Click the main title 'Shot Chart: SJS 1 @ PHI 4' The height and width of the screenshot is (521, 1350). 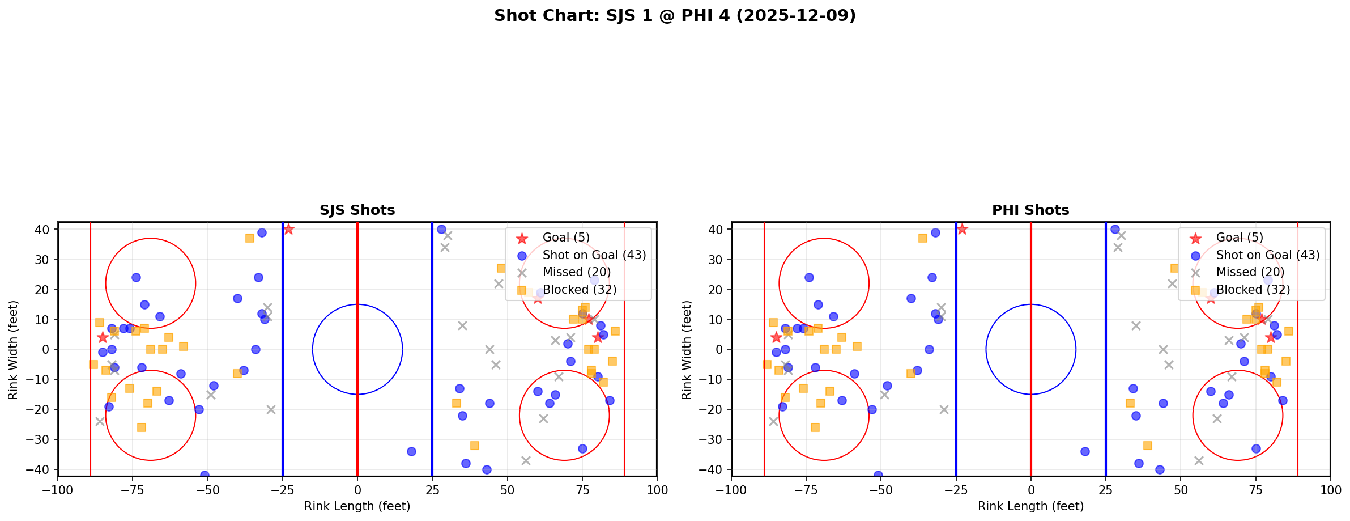674,16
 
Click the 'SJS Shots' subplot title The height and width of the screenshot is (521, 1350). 357,210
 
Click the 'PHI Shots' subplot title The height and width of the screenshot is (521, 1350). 1030,210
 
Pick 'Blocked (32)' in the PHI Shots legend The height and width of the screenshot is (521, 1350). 1253,290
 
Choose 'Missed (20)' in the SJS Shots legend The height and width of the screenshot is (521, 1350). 576,272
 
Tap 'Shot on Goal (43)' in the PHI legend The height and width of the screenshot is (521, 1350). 1267,255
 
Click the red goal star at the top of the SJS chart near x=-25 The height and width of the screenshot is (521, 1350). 288,229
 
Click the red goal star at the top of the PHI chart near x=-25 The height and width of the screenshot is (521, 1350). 962,229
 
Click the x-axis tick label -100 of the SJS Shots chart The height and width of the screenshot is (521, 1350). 58,490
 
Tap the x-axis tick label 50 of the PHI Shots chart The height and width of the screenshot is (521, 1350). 1180,490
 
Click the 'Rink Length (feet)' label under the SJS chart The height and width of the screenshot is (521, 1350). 357,506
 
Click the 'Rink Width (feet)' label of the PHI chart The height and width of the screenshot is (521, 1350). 687,350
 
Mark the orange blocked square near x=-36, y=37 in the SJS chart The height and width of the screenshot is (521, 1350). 250,238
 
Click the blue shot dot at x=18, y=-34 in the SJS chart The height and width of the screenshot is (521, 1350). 411,451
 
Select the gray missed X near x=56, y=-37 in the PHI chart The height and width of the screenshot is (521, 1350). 1198,460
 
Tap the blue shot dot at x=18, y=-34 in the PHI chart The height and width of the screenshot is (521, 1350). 1085,451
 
